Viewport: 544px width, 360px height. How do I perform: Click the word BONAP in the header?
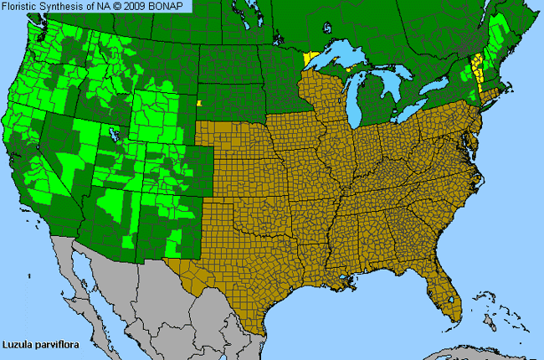click(168, 6)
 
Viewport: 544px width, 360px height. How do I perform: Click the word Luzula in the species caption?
click(19, 343)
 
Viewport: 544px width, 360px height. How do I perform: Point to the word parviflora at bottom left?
click(57, 343)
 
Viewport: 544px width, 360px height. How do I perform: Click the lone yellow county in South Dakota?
click(199, 105)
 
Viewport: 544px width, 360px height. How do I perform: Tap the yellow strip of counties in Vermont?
click(478, 67)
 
